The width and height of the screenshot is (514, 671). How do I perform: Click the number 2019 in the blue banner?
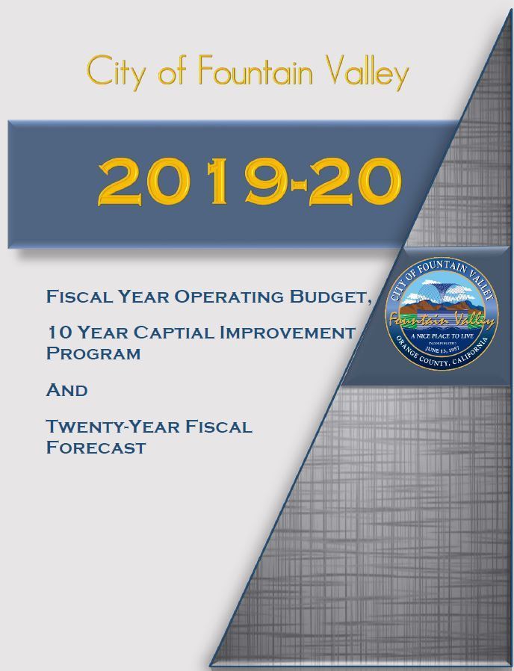[191, 182]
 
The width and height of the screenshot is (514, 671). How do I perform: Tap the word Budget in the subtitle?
[329, 297]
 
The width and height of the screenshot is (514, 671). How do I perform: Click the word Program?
[93, 353]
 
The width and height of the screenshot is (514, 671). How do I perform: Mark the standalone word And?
[66, 390]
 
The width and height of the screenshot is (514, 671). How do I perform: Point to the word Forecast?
[96, 448]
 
